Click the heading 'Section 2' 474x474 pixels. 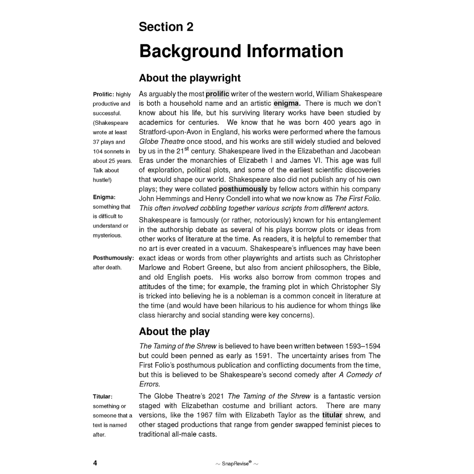pyautogui.click(x=166, y=27)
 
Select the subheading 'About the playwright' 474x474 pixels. pyautogui.click(x=190, y=78)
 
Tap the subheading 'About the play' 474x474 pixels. pyautogui.click(x=174, y=331)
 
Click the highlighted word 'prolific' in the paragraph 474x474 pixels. pyautogui.click(x=217, y=94)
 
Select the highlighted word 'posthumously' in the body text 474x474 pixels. pyautogui.click(x=243, y=189)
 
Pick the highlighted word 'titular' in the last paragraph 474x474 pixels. pyautogui.click(x=332, y=415)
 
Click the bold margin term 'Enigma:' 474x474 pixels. pyautogui.click(x=104, y=197)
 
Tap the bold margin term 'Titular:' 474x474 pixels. pyautogui.click(x=103, y=396)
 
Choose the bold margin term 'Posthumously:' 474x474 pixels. pyautogui.click(x=113, y=258)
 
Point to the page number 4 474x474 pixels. pyautogui.click(x=95, y=463)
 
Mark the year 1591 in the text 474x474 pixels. pyautogui.click(x=262, y=355)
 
